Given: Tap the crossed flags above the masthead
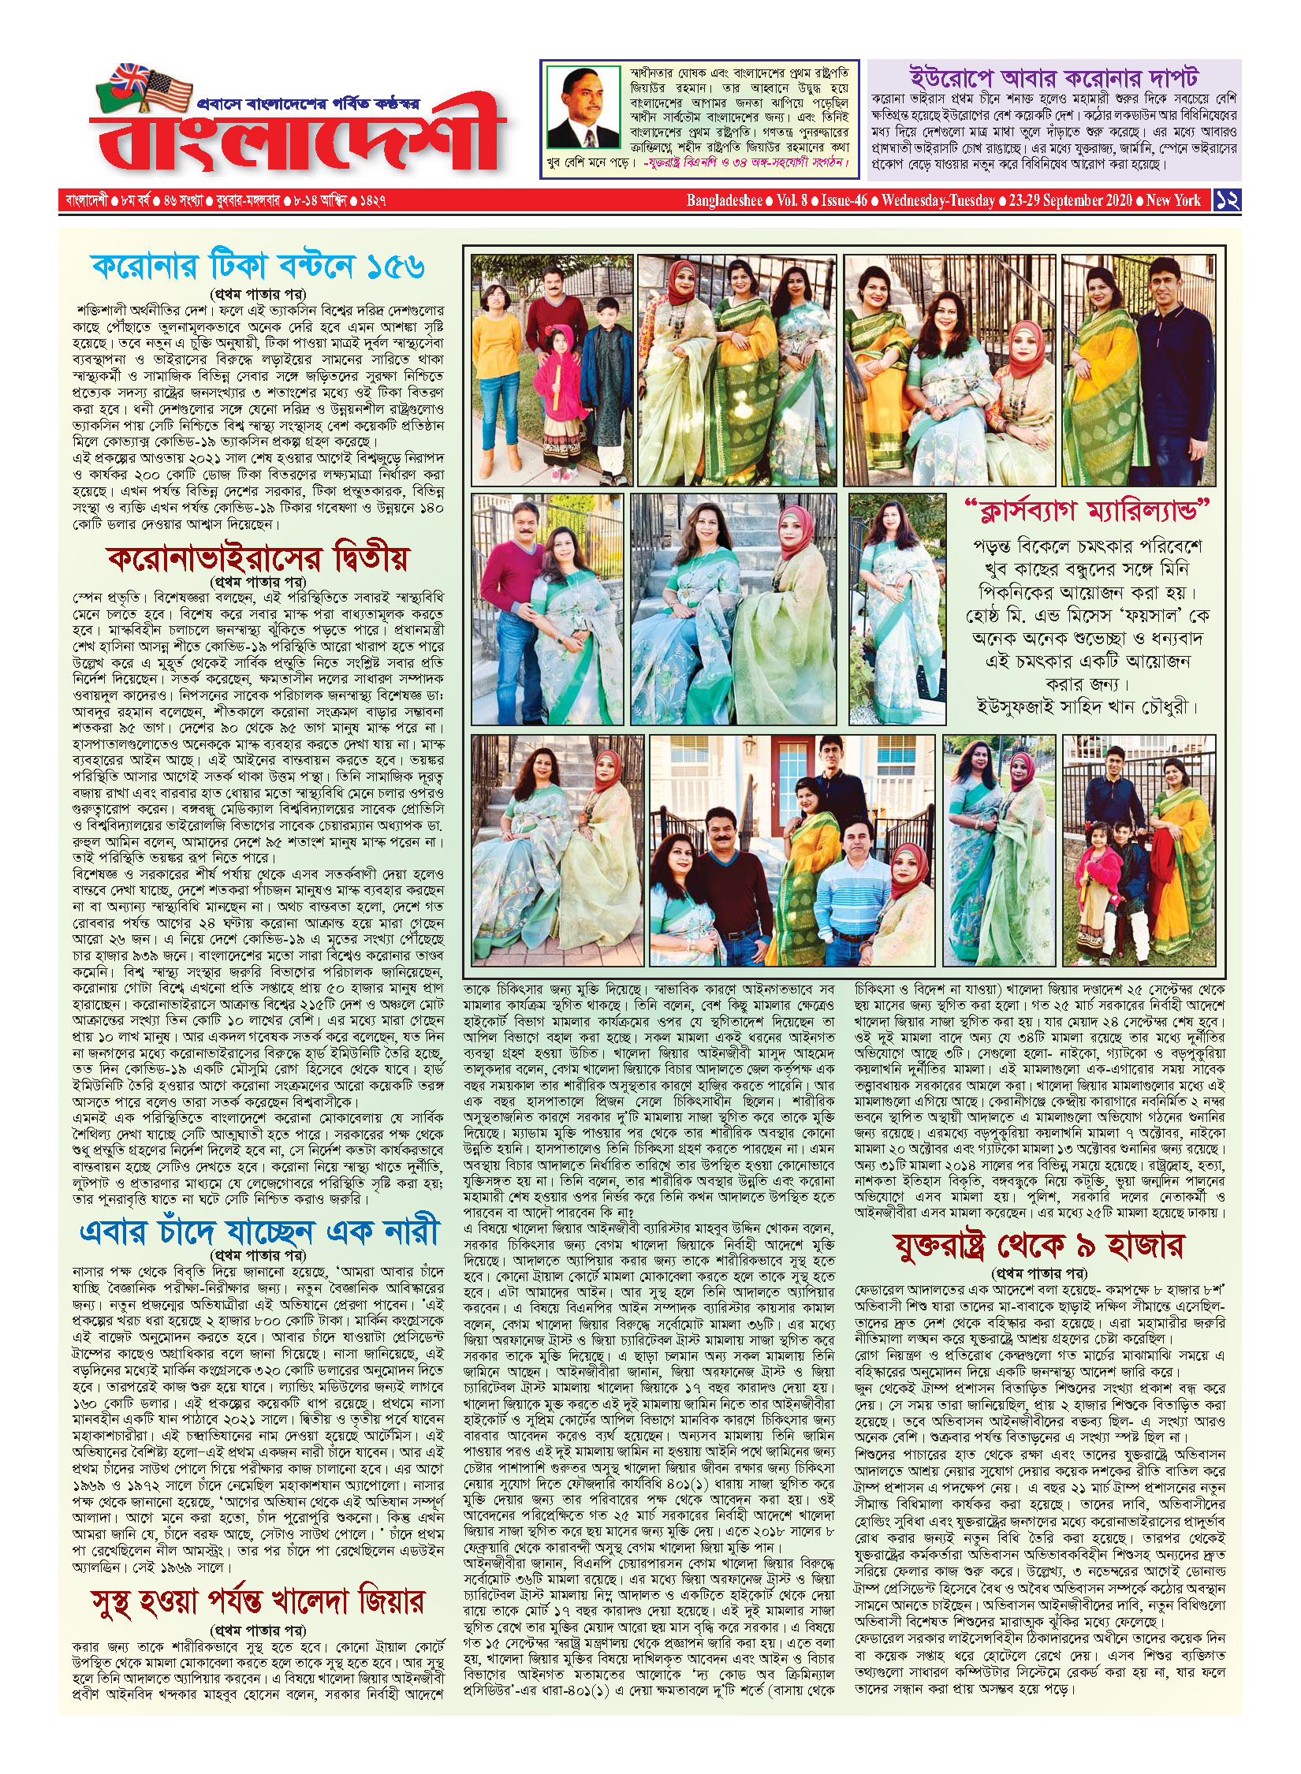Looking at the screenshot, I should [x=150, y=87].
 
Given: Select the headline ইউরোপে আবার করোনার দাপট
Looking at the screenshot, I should [x=1053, y=79].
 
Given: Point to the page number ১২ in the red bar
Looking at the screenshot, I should [x=1228, y=199].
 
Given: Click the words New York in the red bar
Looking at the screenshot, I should [x=1173, y=200].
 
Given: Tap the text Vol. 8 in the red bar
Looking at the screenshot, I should [x=792, y=200].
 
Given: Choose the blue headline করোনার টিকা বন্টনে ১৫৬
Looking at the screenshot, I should [x=259, y=266].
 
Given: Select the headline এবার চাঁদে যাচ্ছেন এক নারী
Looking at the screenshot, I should [x=259, y=1232].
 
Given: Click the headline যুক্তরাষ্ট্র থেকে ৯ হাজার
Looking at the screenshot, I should [x=1039, y=1247].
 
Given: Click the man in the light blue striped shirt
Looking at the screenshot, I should [x=862, y=887].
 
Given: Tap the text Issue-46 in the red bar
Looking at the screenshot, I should [x=844, y=200].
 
